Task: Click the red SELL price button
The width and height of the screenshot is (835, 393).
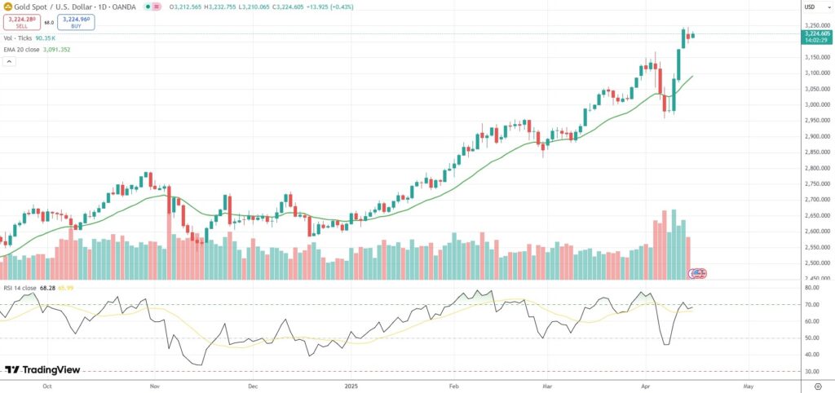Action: click(x=21, y=23)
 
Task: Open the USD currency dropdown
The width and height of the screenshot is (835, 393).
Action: click(x=810, y=7)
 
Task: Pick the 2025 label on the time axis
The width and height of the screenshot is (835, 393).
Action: click(x=352, y=383)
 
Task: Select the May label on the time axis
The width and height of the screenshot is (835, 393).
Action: click(x=748, y=383)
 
